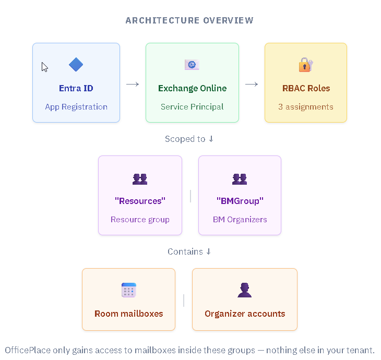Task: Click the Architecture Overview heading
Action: (x=189, y=20)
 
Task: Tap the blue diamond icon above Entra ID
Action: (x=76, y=65)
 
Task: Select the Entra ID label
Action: (x=76, y=88)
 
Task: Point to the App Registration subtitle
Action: (x=76, y=107)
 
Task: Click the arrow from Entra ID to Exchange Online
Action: (x=133, y=84)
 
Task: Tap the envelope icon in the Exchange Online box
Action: (x=192, y=65)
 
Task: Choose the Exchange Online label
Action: (x=192, y=88)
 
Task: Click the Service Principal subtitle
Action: (x=192, y=107)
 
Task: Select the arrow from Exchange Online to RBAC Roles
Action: (x=252, y=84)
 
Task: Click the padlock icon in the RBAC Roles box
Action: (x=305, y=65)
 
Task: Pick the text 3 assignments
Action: (x=306, y=107)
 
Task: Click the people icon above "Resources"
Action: (x=140, y=179)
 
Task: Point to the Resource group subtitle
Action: (x=140, y=220)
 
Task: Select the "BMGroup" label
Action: (x=240, y=200)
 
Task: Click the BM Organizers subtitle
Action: (x=240, y=220)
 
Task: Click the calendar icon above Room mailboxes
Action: (x=128, y=290)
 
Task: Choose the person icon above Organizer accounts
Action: (x=244, y=290)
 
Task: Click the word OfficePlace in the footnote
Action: (x=26, y=350)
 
